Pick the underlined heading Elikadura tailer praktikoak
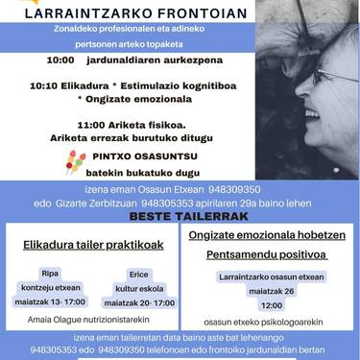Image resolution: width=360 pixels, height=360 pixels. (92, 245)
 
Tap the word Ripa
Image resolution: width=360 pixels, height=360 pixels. (50, 273)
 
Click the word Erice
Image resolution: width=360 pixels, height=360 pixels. (138, 273)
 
